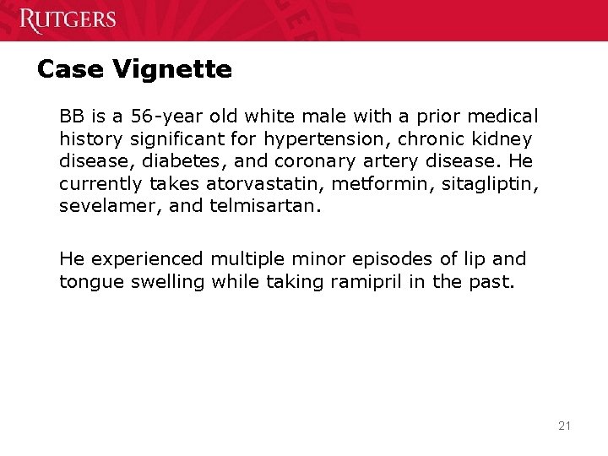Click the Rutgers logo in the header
(68, 19)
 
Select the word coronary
(281, 159)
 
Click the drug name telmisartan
(263, 204)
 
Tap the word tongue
(90, 282)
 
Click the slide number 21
(564, 426)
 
